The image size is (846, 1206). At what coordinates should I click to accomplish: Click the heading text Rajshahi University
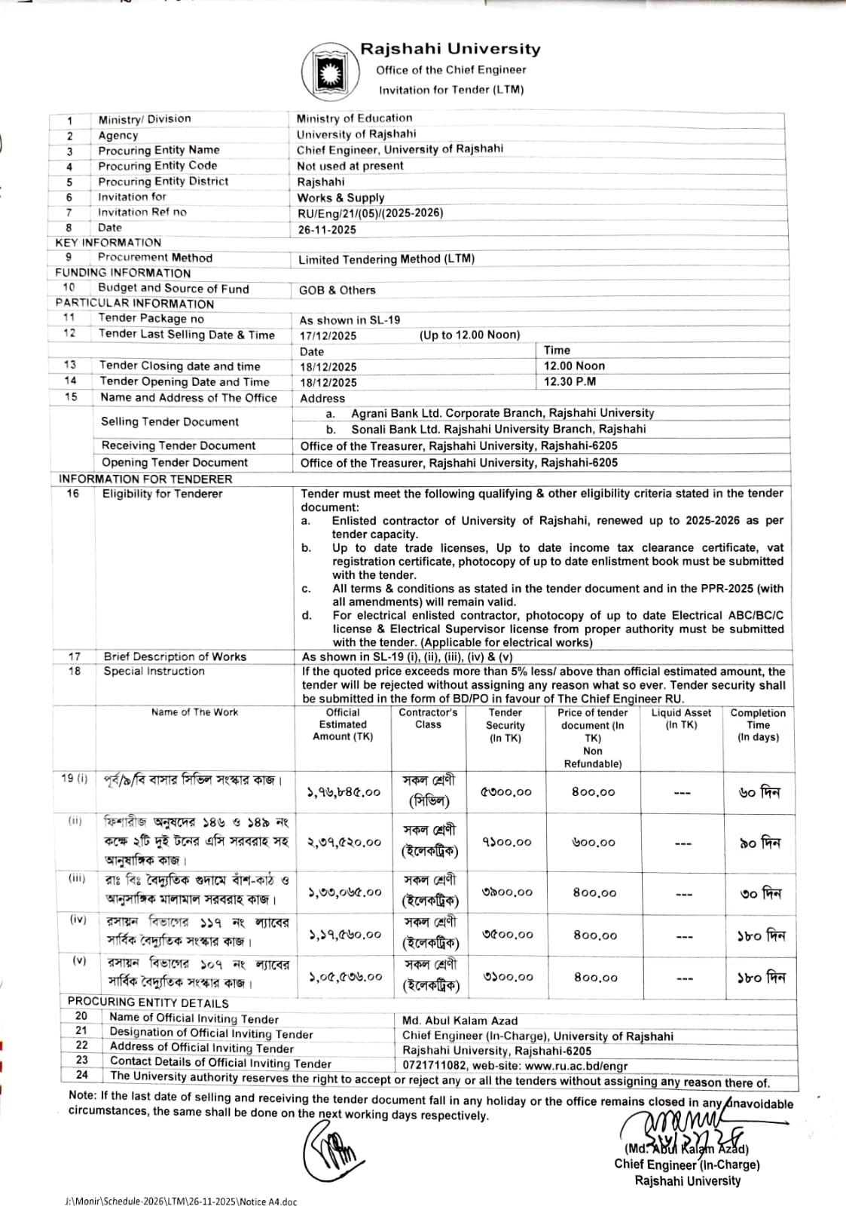pyautogui.click(x=450, y=50)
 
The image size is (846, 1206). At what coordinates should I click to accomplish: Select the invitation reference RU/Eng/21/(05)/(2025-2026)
pyautogui.click(x=370, y=213)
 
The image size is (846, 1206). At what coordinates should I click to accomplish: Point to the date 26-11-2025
pyautogui.click(x=328, y=230)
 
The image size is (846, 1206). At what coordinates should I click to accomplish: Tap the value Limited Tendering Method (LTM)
pyautogui.click(x=386, y=259)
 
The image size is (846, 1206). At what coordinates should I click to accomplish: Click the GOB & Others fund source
pyautogui.click(x=337, y=290)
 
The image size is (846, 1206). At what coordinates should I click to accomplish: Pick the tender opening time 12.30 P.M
pyautogui.click(x=570, y=382)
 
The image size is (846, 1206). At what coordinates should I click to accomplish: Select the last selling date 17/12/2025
pyautogui.click(x=328, y=336)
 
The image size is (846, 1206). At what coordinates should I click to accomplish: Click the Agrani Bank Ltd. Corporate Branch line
pyautogui.click(x=502, y=414)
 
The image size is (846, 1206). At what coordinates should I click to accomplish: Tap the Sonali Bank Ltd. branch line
pyautogui.click(x=498, y=430)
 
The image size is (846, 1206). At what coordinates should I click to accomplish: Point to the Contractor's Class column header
pyautogui.click(x=428, y=718)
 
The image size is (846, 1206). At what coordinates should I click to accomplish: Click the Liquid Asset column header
pyautogui.click(x=681, y=718)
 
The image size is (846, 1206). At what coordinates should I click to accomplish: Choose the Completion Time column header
pyautogui.click(x=758, y=725)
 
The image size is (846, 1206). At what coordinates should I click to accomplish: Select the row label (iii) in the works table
pyautogui.click(x=77, y=879)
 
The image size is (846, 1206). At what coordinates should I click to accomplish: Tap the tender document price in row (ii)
pyautogui.click(x=594, y=843)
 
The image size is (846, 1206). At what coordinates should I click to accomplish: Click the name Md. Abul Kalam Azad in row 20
pyautogui.click(x=460, y=1021)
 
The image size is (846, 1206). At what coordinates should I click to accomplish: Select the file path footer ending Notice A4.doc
pyautogui.click(x=181, y=1201)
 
